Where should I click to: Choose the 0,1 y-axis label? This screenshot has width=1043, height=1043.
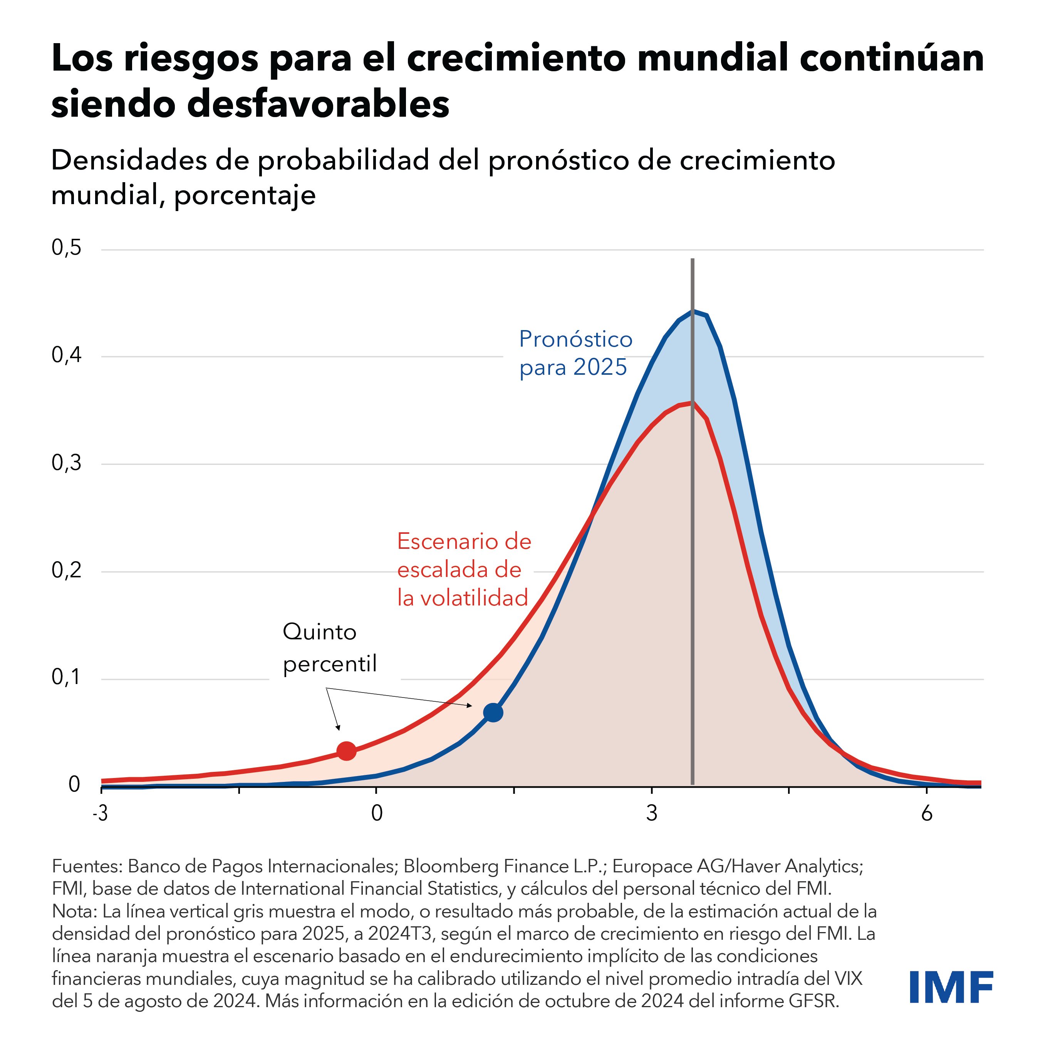[66, 677]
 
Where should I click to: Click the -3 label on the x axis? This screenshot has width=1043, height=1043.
[101, 813]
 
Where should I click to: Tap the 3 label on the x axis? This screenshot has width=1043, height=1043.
[652, 813]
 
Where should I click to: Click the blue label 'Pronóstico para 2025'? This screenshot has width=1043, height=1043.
[575, 353]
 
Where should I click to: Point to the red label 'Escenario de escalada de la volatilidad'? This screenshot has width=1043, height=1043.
[464, 570]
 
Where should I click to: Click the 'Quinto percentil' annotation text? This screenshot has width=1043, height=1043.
[329, 647]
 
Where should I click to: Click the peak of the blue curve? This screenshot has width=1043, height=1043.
[693, 312]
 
